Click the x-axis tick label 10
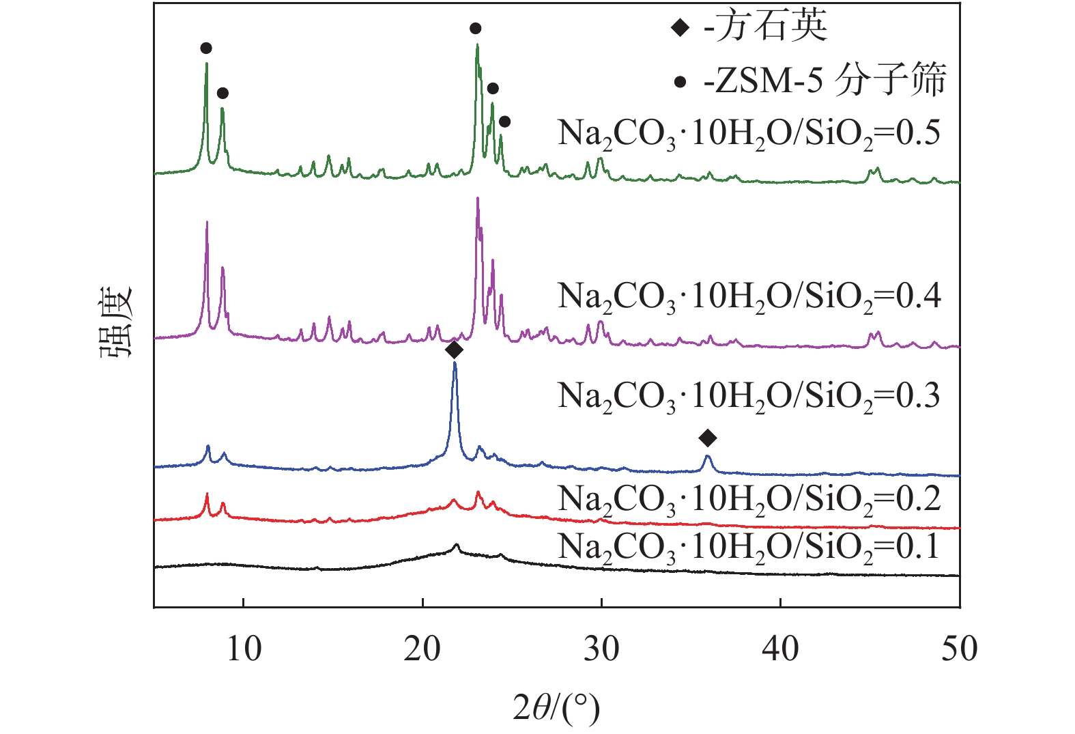click(244, 649)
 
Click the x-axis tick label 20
click(422, 649)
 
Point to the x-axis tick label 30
click(601, 649)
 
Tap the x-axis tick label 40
click(780, 649)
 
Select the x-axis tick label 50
click(959, 649)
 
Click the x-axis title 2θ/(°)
click(556, 708)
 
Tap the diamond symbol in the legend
click(680, 28)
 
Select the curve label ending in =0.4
click(749, 297)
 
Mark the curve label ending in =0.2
click(749, 500)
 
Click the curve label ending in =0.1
click(749, 548)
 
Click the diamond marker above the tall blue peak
click(454, 350)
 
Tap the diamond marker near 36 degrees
click(708, 438)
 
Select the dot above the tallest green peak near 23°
click(476, 28)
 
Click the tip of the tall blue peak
click(455, 364)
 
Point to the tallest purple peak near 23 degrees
click(477, 199)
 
